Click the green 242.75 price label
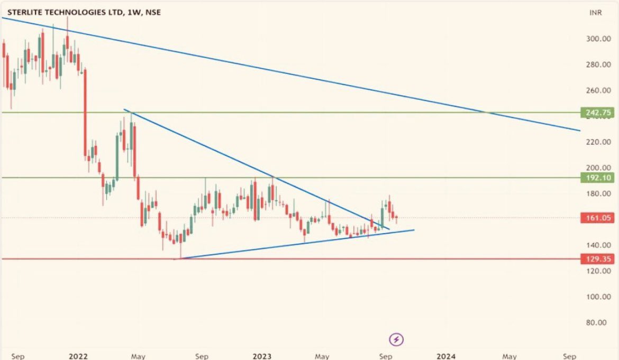pyautogui.click(x=598, y=113)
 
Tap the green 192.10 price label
pyautogui.click(x=598, y=178)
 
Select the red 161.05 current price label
pyautogui.click(x=598, y=217)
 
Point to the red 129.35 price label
pyautogui.click(x=598, y=259)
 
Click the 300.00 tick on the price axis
pyautogui.click(x=598, y=39)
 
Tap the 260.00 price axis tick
pyautogui.click(x=598, y=90)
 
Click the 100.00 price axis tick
pyautogui.click(x=598, y=297)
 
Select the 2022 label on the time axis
pyautogui.click(x=78, y=356)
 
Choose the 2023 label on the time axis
pyautogui.click(x=262, y=356)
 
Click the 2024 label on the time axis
pyautogui.click(x=447, y=356)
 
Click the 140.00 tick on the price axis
pyautogui.click(x=598, y=245)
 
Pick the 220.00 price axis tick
pyautogui.click(x=598, y=142)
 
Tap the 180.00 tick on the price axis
pyautogui.click(x=598, y=194)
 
